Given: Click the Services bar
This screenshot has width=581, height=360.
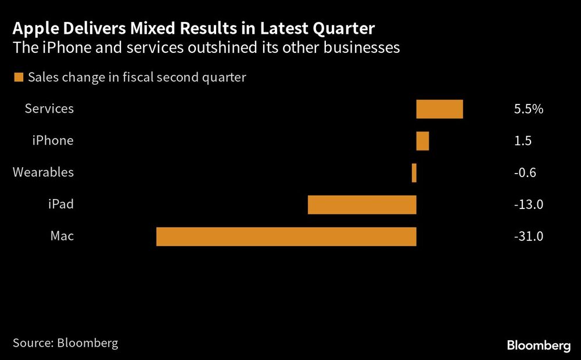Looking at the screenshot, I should click(439, 109).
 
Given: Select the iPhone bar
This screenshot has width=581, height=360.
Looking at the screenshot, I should click(422, 141).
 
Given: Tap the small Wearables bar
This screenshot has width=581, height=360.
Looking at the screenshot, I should click(414, 172).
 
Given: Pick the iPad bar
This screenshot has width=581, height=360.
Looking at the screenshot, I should click(362, 205).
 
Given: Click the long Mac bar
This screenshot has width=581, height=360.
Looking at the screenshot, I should click(286, 236).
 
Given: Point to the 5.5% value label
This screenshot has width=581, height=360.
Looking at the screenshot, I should click(528, 109).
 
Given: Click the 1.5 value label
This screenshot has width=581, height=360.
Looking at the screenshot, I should click(522, 141).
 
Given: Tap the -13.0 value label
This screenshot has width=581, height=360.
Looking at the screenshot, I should click(528, 204).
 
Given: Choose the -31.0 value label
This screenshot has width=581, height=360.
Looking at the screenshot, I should click(528, 236).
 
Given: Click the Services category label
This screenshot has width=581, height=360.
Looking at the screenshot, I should click(49, 109).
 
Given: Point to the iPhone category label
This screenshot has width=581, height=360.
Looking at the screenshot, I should click(53, 141).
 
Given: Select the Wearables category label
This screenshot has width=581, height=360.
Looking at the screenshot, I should click(43, 172).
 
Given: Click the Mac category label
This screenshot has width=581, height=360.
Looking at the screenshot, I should click(63, 236).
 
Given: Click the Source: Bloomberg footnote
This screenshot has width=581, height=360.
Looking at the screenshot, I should click(65, 343).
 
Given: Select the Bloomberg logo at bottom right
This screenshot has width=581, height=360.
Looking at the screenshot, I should click(539, 345).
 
